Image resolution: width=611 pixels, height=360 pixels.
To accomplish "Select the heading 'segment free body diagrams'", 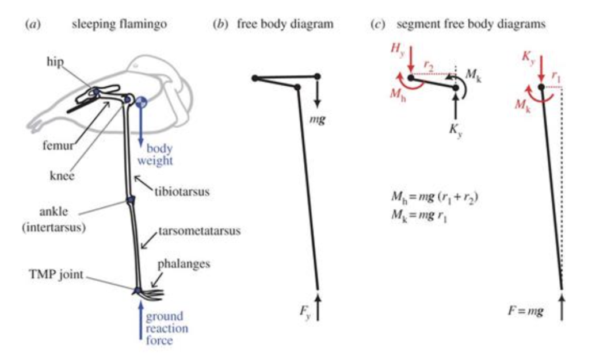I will [x=472, y=25].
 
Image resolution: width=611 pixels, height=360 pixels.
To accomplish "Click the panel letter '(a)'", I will [x=30, y=25].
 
